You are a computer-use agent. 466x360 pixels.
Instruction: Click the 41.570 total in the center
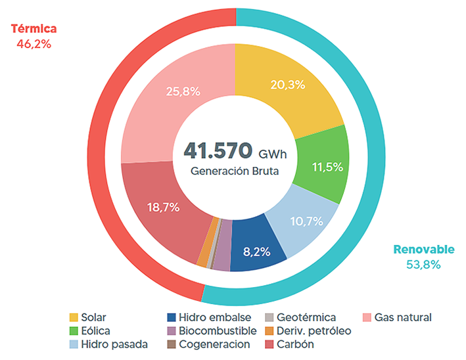click(x=218, y=150)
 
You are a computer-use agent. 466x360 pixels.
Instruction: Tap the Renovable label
click(x=423, y=250)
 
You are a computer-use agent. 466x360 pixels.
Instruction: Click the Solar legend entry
click(x=93, y=317)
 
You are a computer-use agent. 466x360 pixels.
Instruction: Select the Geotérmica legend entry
click(x=306, y=317)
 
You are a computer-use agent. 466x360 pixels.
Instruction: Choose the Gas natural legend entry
click(x=402, y=317)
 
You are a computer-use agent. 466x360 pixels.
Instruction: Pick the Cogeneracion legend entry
click(x=214, y=344)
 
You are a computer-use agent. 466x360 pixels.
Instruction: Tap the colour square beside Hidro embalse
click(x=172, y=317)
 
